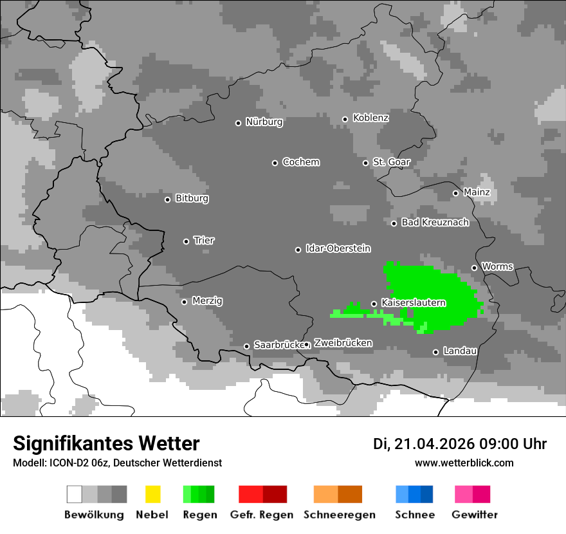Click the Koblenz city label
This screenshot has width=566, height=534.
[x=370, y=118]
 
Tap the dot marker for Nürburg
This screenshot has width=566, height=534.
[x=238, y=123]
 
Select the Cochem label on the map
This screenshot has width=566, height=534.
[x=300, y=162]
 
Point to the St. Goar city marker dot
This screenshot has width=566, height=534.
[x=365, y=163]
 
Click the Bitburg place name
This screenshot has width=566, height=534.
[x=192, y=199]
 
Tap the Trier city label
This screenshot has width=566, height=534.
[x=204, y=241]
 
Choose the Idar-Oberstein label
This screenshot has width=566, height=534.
[x=338, y=249]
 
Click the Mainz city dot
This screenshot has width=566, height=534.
[x=455, y=193]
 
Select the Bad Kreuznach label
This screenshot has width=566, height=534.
[x=435, y=223]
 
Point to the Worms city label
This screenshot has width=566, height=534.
[x=497, y=266]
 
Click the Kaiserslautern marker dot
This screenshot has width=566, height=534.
[x=374, y=304]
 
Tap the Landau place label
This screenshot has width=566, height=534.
[x=459, y=351]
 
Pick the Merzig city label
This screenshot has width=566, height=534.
[x=206, y=301]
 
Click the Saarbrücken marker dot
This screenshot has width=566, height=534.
[x=246, y=346]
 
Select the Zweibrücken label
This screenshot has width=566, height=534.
[x=343, y=344]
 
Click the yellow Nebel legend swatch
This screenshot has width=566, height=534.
[x=152, y=494]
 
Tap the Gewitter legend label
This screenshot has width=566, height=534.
[x=474, y=515]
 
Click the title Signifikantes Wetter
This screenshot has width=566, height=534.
[x=106, y=444]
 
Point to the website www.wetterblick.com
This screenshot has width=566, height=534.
[x=464, y=463]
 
